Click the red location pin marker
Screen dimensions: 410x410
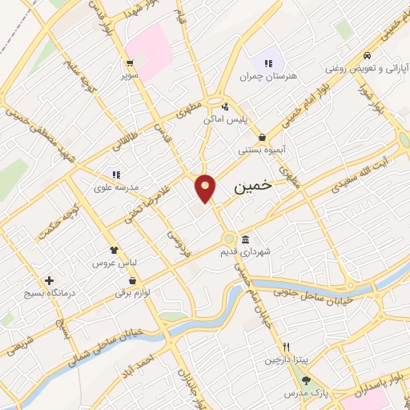pos(206,187)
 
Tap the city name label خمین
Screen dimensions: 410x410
pos(253,185)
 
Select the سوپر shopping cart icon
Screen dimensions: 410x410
pos(129,61)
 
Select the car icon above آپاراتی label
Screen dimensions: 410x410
pos(366,56)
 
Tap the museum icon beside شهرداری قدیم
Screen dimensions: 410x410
pos(245,239)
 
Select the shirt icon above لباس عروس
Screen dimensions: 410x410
pos(114,250)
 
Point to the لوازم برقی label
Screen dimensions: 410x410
pos(132,294)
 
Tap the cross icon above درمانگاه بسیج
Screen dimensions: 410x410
pos(50,281)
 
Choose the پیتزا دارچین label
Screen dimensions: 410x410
pos(285,360)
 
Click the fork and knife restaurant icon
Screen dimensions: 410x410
pos(286,348)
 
